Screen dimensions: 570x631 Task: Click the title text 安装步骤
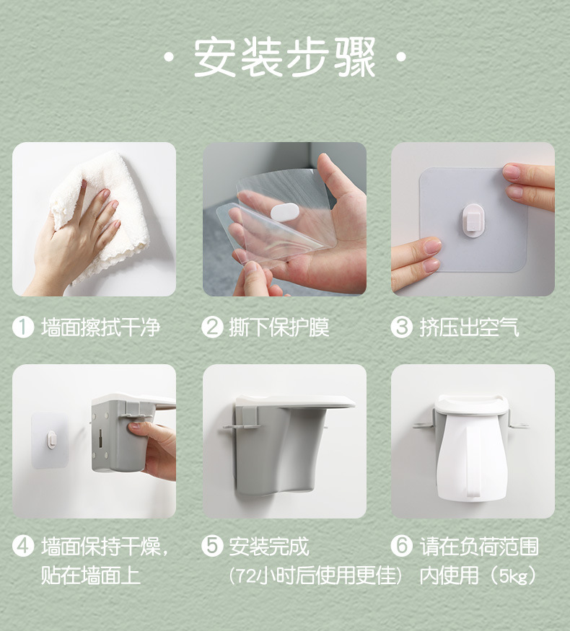click(x=284, y=57)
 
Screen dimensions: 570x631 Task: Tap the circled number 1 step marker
click(x=23, y=327)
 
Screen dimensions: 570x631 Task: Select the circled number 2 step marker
click(x=212, y=327)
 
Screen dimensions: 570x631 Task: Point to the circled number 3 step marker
click(x=401, y=327)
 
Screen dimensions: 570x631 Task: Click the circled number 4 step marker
click(x=23, y=546)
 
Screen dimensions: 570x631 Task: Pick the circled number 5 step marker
click(x=212, y=546)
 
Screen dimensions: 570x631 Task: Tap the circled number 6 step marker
click(x=401, y=546)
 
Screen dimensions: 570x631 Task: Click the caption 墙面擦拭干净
click(x=100, y=327)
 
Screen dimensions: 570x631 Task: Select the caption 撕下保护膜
click(x=279, y=327)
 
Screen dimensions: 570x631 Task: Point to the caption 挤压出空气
click(x=470, y=327)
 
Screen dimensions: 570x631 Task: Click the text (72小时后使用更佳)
click(x=316, y=575)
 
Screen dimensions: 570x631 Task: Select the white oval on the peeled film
click(x=284, y=212)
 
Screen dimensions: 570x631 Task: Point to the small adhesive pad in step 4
click(x=50, y=440)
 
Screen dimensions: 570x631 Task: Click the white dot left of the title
click(x=170, y=57)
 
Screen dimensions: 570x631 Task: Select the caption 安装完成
click(x=269, y=546)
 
